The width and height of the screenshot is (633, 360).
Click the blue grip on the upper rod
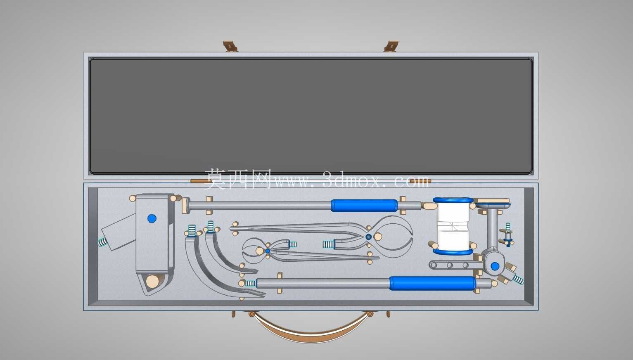(364, 206)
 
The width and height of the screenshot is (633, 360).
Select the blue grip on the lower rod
(433, 283)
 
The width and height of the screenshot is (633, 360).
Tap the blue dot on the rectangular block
(152, 218)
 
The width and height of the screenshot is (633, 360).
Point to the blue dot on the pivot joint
(495, 266)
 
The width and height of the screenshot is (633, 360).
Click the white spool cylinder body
(453, 227)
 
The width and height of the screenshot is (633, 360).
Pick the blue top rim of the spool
(453, 200)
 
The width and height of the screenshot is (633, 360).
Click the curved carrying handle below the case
(311, 331)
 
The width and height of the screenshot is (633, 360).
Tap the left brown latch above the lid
(230, 46)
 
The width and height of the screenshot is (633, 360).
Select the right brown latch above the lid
(391, 46)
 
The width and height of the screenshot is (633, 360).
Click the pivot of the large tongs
(368, 237)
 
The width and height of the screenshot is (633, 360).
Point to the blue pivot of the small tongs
(267, 251)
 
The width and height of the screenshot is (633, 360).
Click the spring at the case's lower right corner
(518, 279)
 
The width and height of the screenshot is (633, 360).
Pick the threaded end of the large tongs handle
(328, 244)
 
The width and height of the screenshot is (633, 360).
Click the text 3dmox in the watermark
(353, 180)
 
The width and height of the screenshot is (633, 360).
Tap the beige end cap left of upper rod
(185, 206)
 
